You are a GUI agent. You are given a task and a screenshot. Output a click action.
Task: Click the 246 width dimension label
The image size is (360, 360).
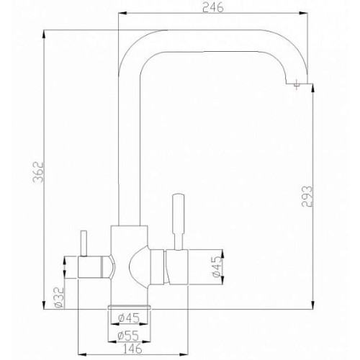[x=213, y=8]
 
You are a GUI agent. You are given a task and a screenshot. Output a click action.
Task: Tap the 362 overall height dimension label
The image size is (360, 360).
[x=38, y=172]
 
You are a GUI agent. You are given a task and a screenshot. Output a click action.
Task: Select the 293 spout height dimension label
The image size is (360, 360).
[x=307, y=196]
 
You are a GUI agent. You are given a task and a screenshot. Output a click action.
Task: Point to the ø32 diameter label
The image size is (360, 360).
[x=59, y=297]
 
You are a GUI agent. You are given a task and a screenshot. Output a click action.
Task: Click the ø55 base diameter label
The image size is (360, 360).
[x=128, y=336]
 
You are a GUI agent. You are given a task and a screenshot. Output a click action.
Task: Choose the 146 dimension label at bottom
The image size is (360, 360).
[x=132, y=348]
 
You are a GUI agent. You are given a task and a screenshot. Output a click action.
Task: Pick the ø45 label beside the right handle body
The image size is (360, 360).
[x=217, y=266]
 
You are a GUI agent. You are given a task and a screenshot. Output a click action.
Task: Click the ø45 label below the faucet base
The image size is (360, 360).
[x=129, y=318]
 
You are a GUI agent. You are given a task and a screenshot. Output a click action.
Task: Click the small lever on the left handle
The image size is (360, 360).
[x=84, y=243]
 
